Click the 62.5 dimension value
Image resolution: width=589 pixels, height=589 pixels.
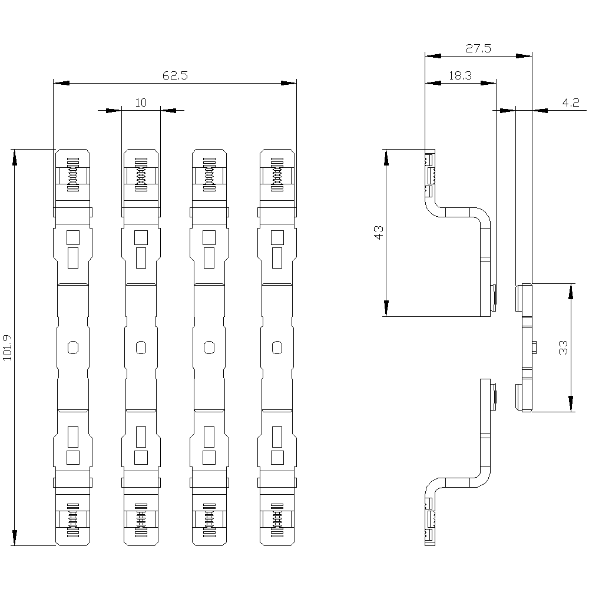tap(174, 75)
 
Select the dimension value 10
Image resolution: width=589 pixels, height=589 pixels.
tap(141, 102)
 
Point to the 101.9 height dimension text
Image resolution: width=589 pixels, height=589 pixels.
tap(8, 348)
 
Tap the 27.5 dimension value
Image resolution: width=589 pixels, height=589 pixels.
tap(478, 49)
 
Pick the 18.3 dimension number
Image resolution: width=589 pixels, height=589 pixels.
tap(460, 75)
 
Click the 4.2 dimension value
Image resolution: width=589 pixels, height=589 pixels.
tap(570, 102)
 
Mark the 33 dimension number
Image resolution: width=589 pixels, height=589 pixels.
tap(563, 348)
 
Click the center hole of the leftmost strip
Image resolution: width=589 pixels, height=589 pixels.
tap(73, 348)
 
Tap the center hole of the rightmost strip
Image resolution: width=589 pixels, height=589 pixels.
tap(277, 348)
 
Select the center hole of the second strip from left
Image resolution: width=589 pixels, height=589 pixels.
tap(141, 348)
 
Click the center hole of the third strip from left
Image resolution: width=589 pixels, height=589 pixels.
tap(209, 348)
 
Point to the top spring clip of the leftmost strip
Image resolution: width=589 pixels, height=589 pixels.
tap(73, 174)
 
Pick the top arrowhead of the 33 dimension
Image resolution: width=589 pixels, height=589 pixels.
tap(571, 292)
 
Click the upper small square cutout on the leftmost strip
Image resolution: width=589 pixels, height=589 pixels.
tap(73, 237)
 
